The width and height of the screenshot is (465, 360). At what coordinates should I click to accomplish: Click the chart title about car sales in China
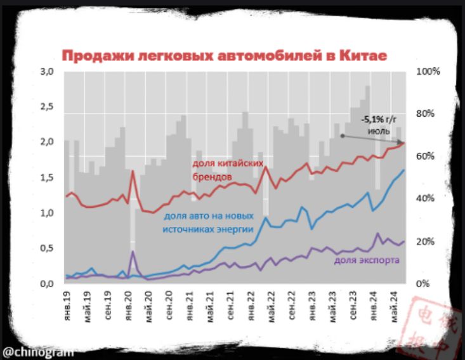click(224, 56)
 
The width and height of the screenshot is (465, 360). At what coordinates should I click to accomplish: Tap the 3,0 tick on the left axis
click(47, 72)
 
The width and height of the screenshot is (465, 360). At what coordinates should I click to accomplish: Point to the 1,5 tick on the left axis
click(47, 178)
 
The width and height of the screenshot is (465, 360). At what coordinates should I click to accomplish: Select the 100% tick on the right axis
click(428, 72)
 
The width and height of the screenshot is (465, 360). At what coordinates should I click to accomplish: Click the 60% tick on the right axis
click(425, 157)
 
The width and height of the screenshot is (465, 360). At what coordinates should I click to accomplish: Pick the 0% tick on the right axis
click(423, 284)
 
